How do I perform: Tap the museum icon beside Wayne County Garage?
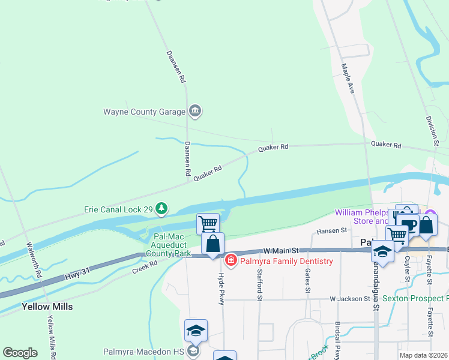(195, 111)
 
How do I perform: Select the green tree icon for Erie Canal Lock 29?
(161, 209)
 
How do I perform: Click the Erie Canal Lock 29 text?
(117, 210)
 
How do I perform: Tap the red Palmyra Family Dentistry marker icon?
(231, 260)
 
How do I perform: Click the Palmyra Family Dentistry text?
(287, 261)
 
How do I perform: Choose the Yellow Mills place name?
(47, 307)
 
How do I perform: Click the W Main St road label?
(281, 250)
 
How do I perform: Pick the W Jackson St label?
(349, 298)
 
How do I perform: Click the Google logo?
(20, 353)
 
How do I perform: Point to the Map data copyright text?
(423, 355)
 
